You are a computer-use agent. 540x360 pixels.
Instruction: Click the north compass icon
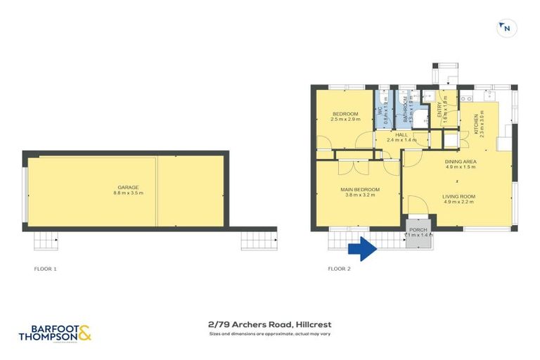pos(506,27)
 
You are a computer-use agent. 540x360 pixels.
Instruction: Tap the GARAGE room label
pos(128,187)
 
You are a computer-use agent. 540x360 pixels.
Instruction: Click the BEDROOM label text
pos(345,114)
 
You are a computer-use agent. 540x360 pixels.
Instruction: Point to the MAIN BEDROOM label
pos(361,189)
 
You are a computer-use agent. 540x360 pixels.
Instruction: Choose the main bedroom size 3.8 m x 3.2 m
pos(361,195)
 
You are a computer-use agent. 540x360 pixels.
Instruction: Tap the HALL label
pos(401,134)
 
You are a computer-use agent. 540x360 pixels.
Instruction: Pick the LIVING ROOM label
pos(459,196)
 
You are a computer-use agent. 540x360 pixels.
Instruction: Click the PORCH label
pos(418,229)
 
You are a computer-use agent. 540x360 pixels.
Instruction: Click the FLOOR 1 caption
pos(46,269)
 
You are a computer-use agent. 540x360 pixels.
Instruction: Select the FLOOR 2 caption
pos(340,269)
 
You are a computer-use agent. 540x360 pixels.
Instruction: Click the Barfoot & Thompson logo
pos(56,333)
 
